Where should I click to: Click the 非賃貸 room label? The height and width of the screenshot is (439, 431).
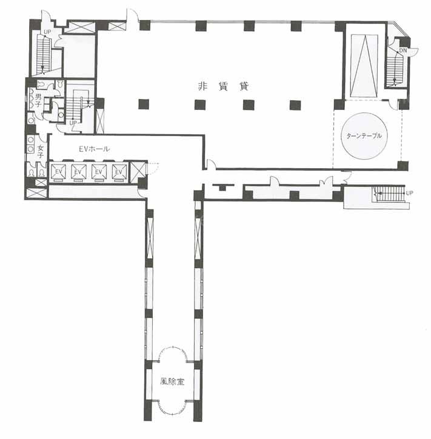[x=223, y=86]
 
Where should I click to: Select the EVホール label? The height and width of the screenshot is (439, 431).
[x=94, y=149]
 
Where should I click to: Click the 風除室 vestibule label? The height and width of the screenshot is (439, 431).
[x=172, y=381]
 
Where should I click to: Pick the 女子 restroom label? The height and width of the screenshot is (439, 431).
[x=41, y=151]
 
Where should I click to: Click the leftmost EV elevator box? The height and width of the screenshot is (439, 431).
[x=58, y=172]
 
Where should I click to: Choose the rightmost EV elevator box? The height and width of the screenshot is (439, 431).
[x=119, y=172]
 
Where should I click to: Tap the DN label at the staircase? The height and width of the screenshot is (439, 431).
[x=403, y=50]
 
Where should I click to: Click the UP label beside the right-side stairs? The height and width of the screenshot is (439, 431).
[x=409, y=193]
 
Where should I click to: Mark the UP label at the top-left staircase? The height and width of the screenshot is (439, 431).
[x=47, y=32]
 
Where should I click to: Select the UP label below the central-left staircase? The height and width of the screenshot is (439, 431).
[x=73, y=123]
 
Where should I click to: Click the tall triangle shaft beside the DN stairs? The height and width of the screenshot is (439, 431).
[x=364, y=65]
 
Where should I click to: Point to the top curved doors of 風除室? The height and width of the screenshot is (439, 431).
[x=173, y=348]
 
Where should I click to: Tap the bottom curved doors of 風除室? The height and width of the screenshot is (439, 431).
[x=173, y=413]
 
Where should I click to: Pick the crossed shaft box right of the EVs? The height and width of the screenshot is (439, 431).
[x=138, y=171]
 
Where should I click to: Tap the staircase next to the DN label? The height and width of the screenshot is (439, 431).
[x=394, y=69]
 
